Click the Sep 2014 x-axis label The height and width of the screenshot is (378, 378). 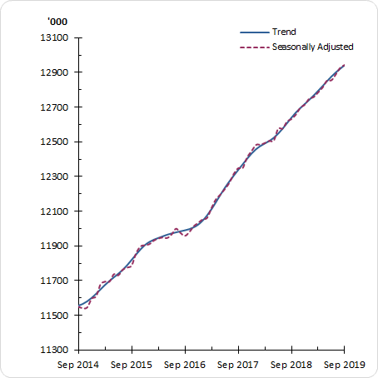[x=78, y=365]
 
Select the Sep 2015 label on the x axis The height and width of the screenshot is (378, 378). [x=132, y=365]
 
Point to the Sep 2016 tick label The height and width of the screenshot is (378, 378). [x=185, y=365]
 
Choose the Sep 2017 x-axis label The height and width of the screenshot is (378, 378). [x=238, y=365]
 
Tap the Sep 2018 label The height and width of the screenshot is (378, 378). [x=291, y=365]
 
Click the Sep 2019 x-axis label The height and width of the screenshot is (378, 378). [x=344, y=365]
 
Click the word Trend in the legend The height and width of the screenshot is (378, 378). [x=284, y=32]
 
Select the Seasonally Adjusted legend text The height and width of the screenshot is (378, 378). [x=313, y=47]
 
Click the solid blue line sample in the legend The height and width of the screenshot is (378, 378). [x=253, y=32]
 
